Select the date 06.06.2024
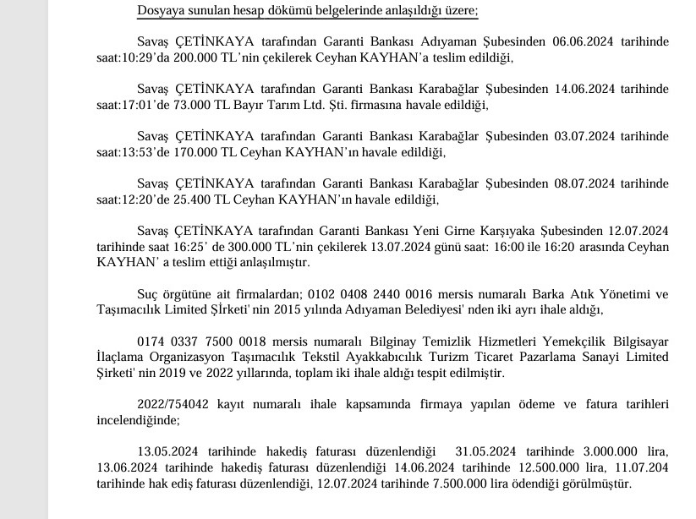point(577,41)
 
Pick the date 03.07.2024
point(577,136)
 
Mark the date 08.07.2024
point(577,183)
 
